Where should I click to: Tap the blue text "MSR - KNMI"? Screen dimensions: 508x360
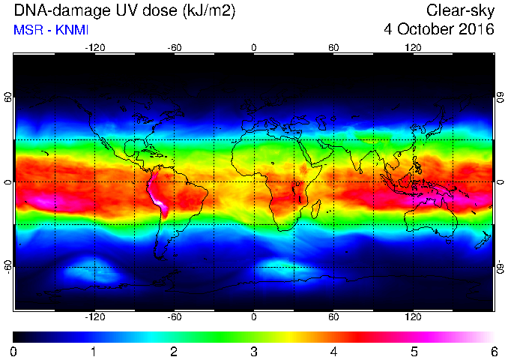click(51, 30)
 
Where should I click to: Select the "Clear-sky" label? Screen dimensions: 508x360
click(460, 11)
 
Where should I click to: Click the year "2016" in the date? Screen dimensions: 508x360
click(477, 29)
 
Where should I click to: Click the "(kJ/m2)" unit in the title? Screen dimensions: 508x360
click(209, 11)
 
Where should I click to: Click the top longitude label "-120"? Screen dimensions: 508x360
click(95, 48)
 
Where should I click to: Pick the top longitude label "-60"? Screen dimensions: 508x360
click(175, 48)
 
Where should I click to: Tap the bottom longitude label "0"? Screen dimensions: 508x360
click(254, 316)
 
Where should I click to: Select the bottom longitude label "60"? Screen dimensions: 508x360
click(333, 316)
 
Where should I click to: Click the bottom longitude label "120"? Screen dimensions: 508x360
click(413, 316)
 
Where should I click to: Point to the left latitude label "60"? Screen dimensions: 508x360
click(8, 97)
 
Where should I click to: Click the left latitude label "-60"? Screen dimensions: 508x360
click(8, 267)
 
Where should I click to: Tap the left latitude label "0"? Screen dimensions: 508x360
click(8, 182)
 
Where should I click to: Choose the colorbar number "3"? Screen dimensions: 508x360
click(254, 352)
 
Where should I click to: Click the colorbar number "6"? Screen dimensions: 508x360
click(494, 352)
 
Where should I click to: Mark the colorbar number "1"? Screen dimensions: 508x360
click(94, 352)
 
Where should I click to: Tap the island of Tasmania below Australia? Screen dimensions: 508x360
click(449, 241)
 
